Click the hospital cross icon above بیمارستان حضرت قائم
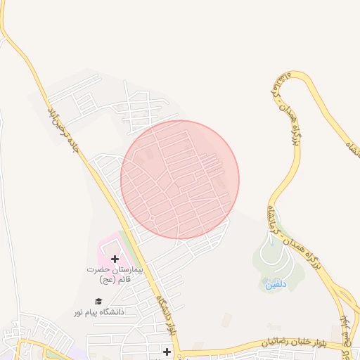pos(115,259)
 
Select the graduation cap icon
pos(98,301)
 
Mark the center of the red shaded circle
pos(180,180)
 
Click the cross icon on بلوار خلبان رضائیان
pos(167,351)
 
